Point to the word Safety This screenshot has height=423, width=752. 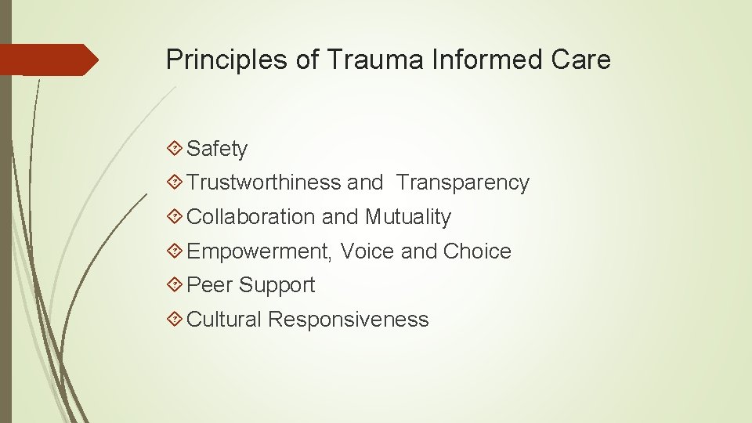[217, 149]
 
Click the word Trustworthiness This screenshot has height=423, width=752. [264, 183]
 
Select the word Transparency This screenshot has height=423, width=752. [462, 183]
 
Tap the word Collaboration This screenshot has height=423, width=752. [252, 217]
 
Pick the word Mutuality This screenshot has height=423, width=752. [407, 217]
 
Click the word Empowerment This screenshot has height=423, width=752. [260, 251]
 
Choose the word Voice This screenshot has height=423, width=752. [367, 251]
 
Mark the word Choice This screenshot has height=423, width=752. [477, 251]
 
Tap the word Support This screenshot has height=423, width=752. [277, 286]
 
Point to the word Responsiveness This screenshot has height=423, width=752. [349, 320]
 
